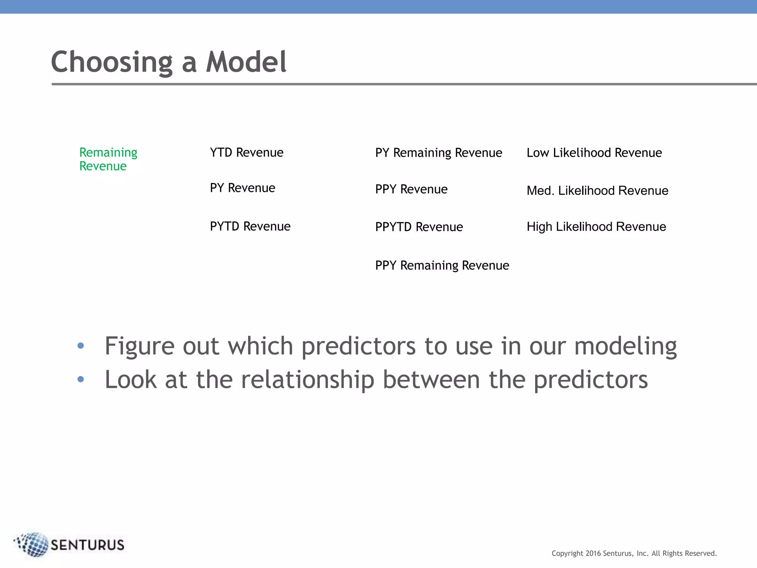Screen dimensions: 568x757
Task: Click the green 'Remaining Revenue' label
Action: tap(108, 159)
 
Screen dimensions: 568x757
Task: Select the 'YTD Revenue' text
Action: tap(247, 152)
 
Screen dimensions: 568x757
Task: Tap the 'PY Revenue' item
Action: tap(242, 188)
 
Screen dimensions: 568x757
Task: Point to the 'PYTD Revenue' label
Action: tap(250, 226)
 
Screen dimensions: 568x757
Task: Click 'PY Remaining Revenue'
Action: tap(438, 153)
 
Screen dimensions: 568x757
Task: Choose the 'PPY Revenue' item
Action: tap(411, 189)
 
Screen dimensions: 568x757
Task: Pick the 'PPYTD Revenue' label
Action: tap(419, 227)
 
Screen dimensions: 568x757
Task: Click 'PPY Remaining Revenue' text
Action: tap(442, 266)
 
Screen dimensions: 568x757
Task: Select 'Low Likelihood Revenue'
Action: tap(594, 153)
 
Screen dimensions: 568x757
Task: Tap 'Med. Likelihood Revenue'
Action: tap(597, 191)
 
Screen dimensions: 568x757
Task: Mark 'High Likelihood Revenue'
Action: tap(596, 227)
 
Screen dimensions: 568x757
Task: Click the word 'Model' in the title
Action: tap(246, 62)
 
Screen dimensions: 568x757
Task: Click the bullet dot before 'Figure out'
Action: tap(81, 346)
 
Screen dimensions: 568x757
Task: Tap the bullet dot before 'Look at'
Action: tap(81, 379)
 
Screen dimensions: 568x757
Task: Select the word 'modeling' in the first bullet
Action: tap(625, 346)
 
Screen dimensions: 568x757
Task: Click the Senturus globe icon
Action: tap(33, 544)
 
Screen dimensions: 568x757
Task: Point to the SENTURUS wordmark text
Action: tap(88, 545)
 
